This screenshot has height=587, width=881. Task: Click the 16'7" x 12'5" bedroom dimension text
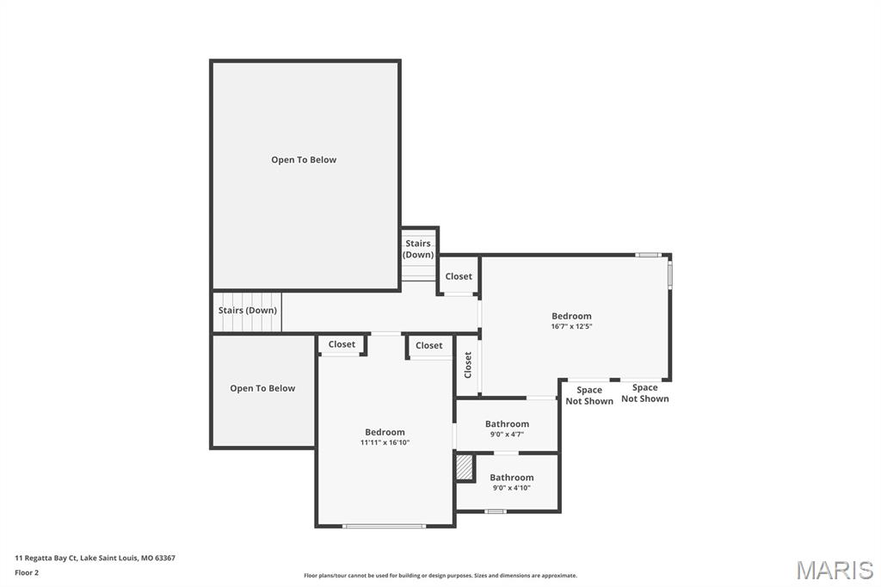(x=571, y=327)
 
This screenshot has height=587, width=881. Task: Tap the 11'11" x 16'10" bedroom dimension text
(x=385, y=442)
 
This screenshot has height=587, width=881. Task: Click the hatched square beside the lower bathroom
(x=465, y=467)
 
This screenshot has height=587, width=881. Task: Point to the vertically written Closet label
(x=468, y=365)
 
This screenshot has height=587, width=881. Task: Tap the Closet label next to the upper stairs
(x=459, y=276)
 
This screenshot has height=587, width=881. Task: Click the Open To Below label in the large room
(x=304, y=160)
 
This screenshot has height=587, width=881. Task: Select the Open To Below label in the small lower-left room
(x=262, y=388)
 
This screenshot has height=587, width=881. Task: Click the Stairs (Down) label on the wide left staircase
(x=248, y=311)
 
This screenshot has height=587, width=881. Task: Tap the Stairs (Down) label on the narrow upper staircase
(x=418, y=249)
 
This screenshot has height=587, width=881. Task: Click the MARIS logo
(x=834, y=570)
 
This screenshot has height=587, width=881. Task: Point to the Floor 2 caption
(x=27, y=572)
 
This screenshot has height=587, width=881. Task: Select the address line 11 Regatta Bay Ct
(x=95, y=558)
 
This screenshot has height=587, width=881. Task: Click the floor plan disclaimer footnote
(x=440, y=576)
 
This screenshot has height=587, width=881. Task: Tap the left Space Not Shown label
(x=589, y=395)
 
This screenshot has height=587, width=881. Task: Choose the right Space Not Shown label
(x=644, y=393)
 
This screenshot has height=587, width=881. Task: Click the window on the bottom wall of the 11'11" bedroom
(x=385, y=526)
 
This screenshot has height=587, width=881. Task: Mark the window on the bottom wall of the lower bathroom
(x=495, y=511)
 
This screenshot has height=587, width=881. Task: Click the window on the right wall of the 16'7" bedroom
(x=670, y=274)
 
